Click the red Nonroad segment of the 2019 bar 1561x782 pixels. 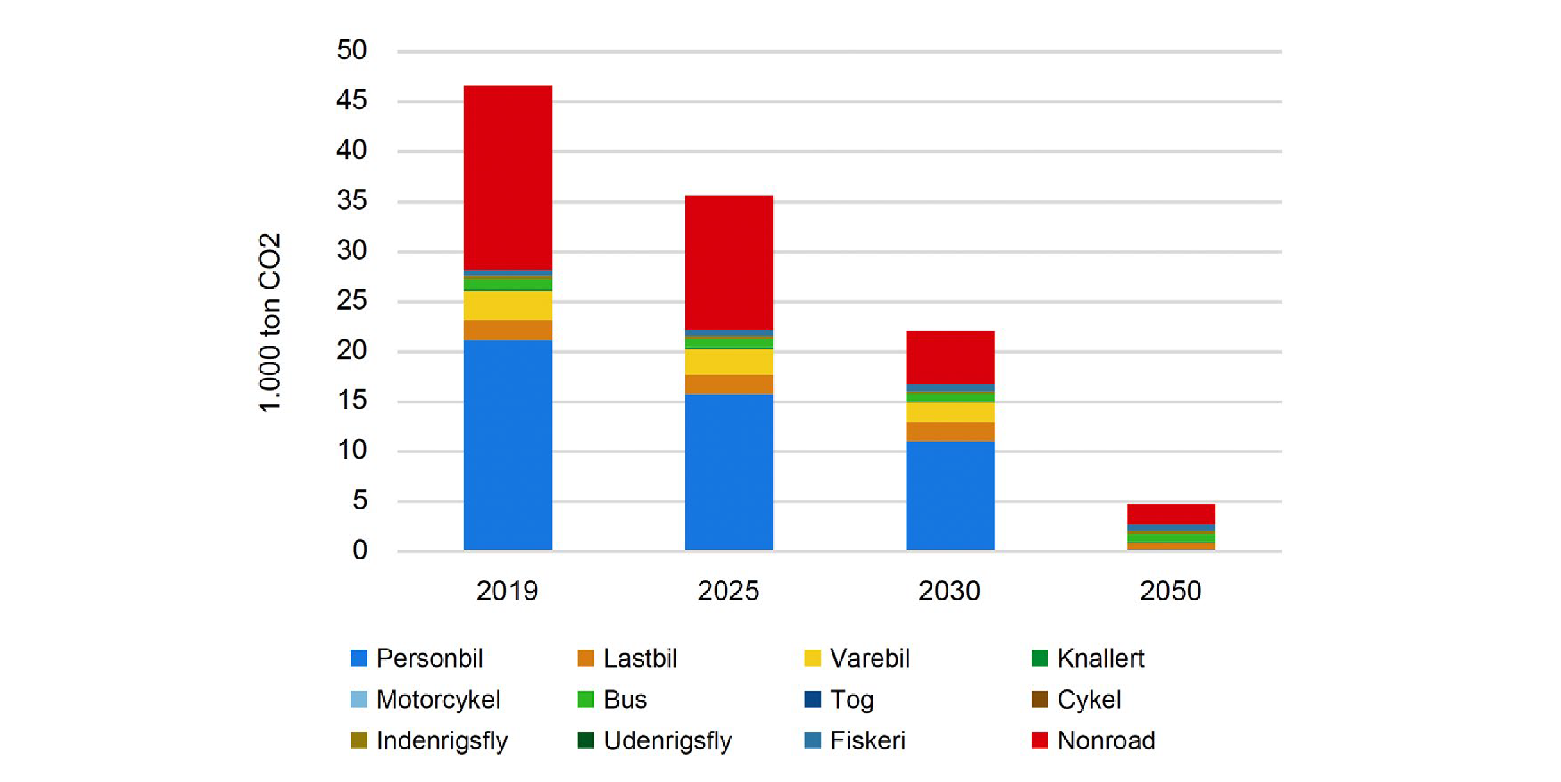(508, 177)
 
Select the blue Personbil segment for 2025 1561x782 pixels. (729, 472)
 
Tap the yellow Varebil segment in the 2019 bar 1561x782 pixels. (508, 305)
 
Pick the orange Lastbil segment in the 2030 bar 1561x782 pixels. (950, 431)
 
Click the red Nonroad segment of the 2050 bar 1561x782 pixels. (1170, 514)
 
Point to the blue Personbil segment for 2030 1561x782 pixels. (950, 496)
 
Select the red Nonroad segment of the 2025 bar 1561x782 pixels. (729, 262)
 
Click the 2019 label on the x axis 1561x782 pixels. (507, 590)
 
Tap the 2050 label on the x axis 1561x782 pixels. (1170, 590)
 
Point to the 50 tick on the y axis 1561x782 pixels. (351, 50)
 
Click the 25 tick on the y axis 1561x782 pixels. (351, 301)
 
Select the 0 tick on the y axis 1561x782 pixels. (360, 550)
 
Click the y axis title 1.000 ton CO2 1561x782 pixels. (270, 322)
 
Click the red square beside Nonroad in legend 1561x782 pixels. (1040, 740)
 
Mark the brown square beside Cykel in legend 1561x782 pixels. (1040, 699)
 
